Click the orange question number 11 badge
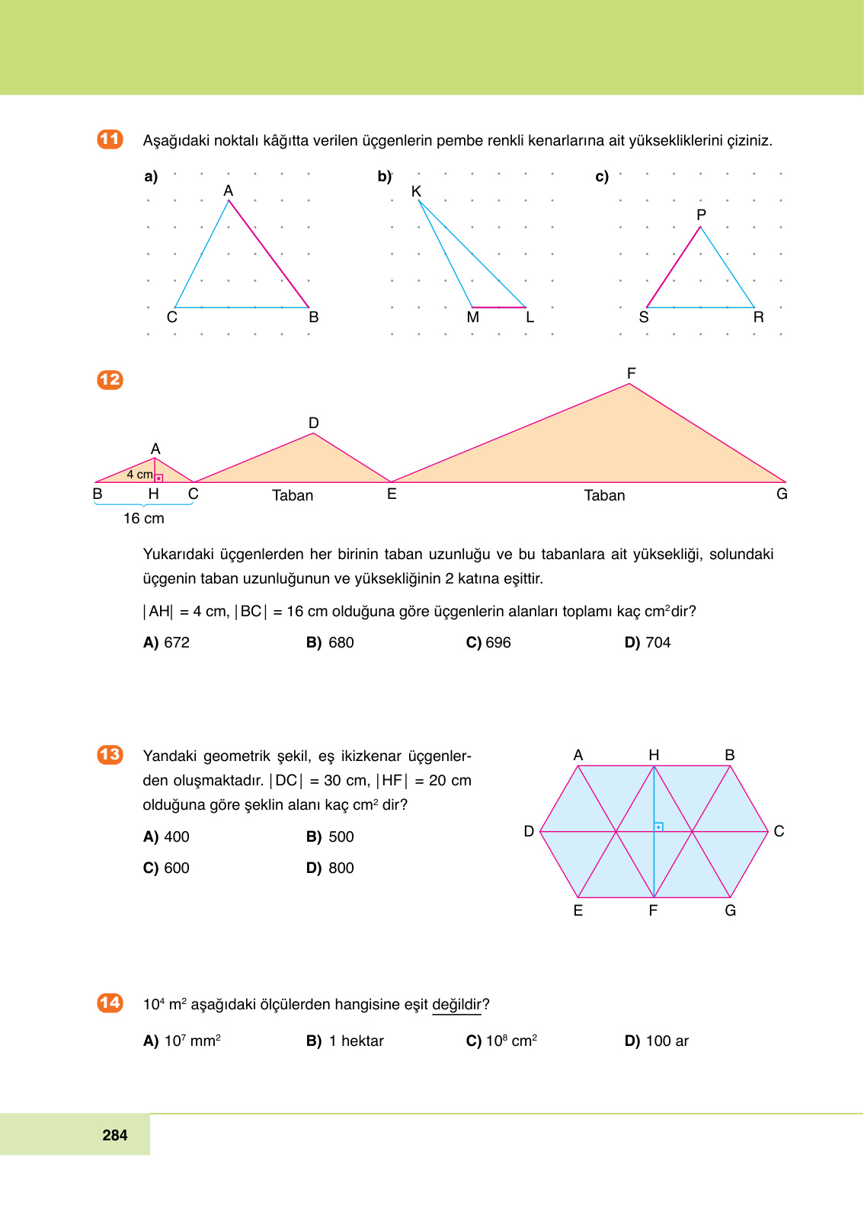[x=110, y=139]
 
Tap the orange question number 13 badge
[x=110, y=754]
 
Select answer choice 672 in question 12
[x=167, y=642]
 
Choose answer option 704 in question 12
[x=648, y=642]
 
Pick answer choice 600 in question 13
[x=167, y=868]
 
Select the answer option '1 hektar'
[x=346, y=1041]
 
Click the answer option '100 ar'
[x=657, y=1041]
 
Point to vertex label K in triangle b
[x=416, y=191]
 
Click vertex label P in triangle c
[x=701, y=215]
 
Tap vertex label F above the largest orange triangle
[x=631, y=373]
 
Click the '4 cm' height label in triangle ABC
[x=139, y=474]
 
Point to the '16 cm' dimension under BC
[x=144, y=518]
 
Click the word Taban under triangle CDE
[x=293, y=495]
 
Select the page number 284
[x=115, y=1135]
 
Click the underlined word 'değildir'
[x=456, y=1004]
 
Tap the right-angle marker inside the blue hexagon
[x=658, y=827]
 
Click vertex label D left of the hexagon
[x=529, y=831]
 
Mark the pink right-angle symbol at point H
[x=158, y=478]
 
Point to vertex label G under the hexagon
[x=730, y=910]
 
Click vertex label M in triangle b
[x=473, y=317]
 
